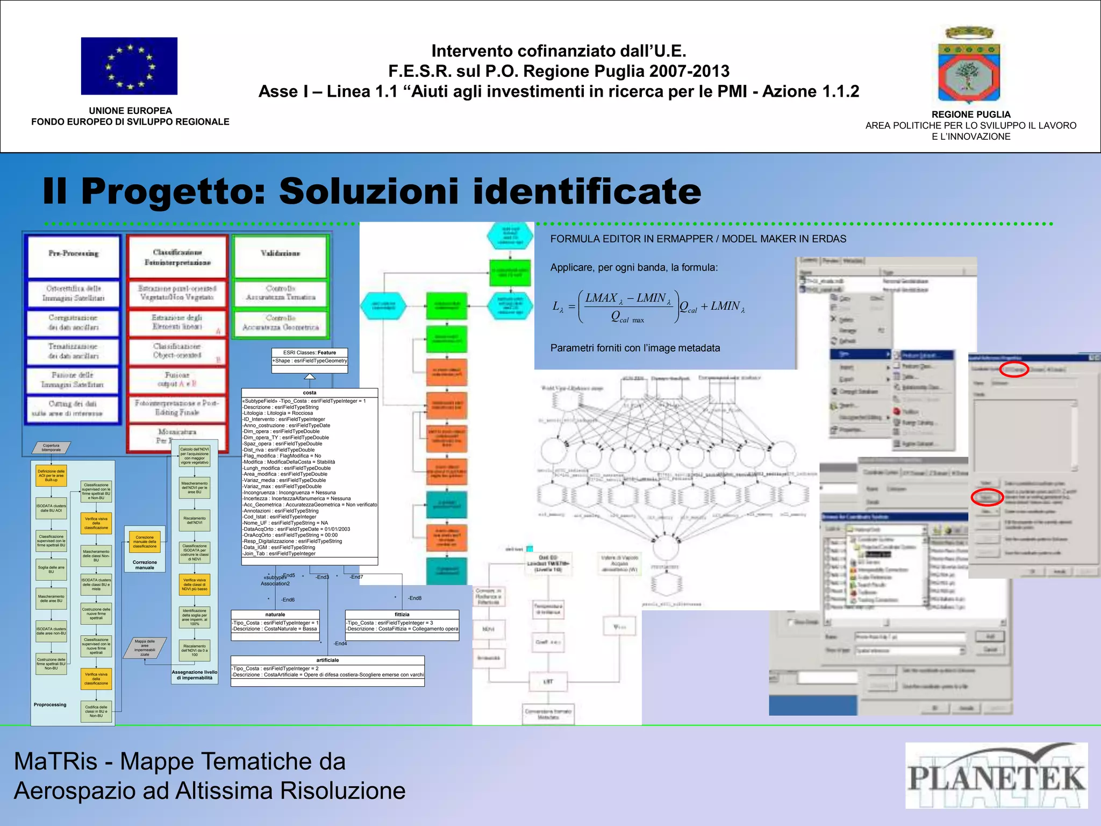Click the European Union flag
[129, 66]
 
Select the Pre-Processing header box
[73, 255]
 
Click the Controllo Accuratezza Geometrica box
[280, 323]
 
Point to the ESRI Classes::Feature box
[310, 357]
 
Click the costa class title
[310, 393]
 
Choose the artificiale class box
[327, 671]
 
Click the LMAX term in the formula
[601, 298]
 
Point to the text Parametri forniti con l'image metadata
[635, 348]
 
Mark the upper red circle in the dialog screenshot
[1014, 369]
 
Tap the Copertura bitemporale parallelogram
[51, 447]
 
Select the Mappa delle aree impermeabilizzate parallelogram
[145, 648]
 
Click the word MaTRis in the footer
[56, 761]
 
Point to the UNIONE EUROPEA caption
[130, 111]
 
